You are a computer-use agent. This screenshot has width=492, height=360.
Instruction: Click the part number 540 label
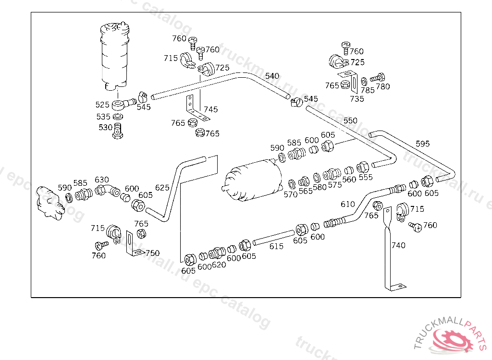272,76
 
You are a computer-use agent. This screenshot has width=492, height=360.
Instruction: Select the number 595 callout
423,144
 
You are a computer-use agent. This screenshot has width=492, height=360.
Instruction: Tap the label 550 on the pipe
350,120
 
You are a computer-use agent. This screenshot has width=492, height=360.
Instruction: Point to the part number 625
162,187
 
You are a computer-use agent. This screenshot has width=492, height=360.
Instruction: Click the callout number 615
276,246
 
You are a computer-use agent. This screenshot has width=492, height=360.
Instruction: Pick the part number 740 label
398,245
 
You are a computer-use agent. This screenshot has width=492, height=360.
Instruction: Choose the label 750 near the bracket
152,253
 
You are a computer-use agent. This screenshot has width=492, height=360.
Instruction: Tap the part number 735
357,99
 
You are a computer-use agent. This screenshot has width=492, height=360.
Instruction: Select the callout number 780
383,87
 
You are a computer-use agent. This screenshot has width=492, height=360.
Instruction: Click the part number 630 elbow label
102,180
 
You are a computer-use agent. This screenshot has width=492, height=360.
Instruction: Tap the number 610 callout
348,204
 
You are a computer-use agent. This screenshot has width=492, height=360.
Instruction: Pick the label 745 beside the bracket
210,109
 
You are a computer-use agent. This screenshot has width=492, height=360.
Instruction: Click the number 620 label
219,265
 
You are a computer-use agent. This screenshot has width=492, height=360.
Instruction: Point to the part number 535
103,117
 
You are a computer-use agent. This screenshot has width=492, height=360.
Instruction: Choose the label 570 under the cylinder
290,194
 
